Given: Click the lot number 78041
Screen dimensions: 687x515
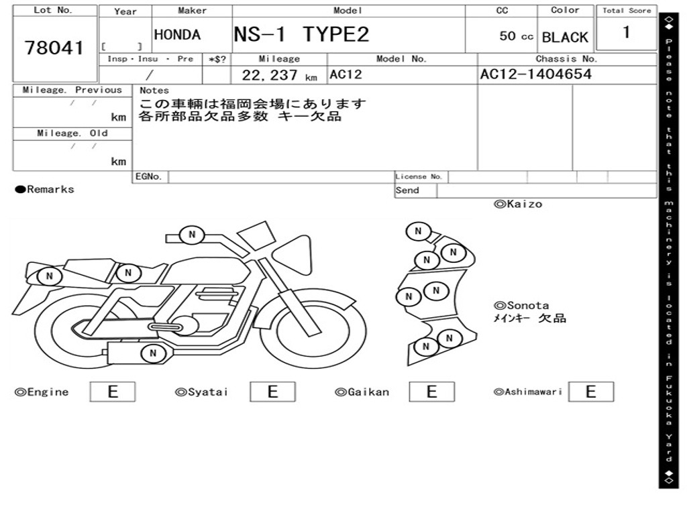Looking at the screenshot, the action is coord(54,48).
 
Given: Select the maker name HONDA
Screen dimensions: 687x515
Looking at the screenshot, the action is coord(177,35).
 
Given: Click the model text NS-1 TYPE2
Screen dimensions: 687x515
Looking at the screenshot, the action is coord(301,34).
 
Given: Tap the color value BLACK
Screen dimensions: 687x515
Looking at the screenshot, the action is coord(565,38).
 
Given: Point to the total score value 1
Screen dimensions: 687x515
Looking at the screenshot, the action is coord(626,32).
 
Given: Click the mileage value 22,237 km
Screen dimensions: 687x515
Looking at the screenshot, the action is coord(279,75).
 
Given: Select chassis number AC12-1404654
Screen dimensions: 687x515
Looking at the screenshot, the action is coord(535,74).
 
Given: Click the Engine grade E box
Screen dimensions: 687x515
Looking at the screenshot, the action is coord(113,392).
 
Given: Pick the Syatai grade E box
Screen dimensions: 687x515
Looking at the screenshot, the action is coord(272,392).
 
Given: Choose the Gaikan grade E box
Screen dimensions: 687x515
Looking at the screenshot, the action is coord(431,392).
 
